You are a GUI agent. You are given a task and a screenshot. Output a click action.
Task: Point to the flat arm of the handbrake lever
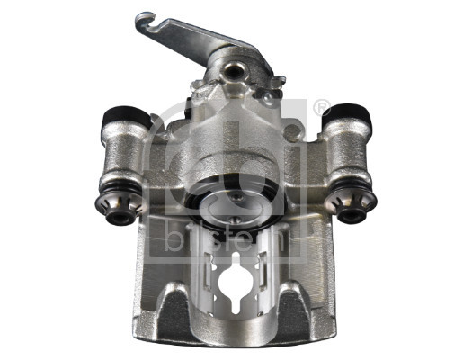[x=193, y=40]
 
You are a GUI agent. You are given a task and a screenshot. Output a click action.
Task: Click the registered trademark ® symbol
[x=321, y=108]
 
